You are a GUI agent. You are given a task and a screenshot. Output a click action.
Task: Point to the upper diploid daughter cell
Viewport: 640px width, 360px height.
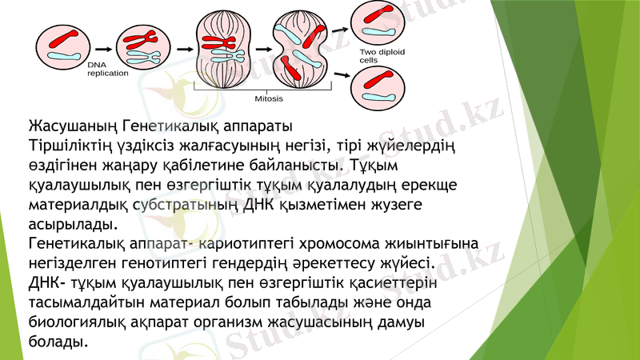[x=377, y=22]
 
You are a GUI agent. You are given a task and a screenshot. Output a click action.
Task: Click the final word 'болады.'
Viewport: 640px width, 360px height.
[x=58, y=341]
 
